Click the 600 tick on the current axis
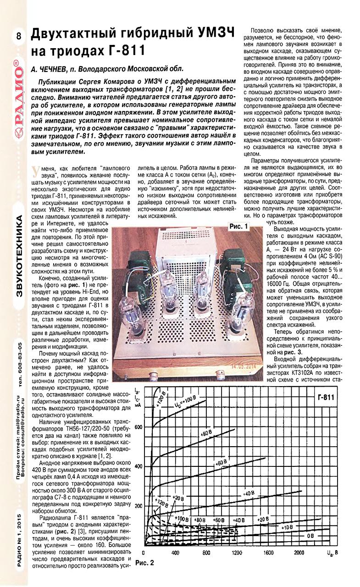pyautogui.click(x=138, y=427)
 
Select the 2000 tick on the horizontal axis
pyautogui.click(x=299, y=553)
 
